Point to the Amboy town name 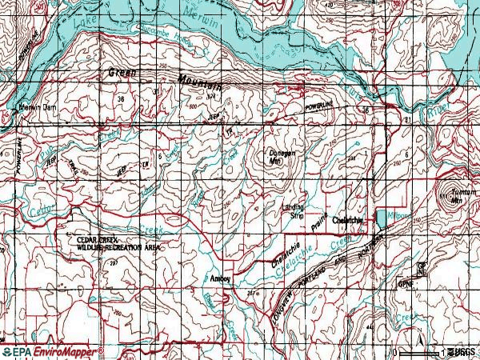click(x=219, y=278)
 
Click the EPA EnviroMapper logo click(x=52, y=352)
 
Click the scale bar click(x=418, y=353)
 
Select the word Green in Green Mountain click(x=122, y=74)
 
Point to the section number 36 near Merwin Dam click(x=122, y=99)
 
